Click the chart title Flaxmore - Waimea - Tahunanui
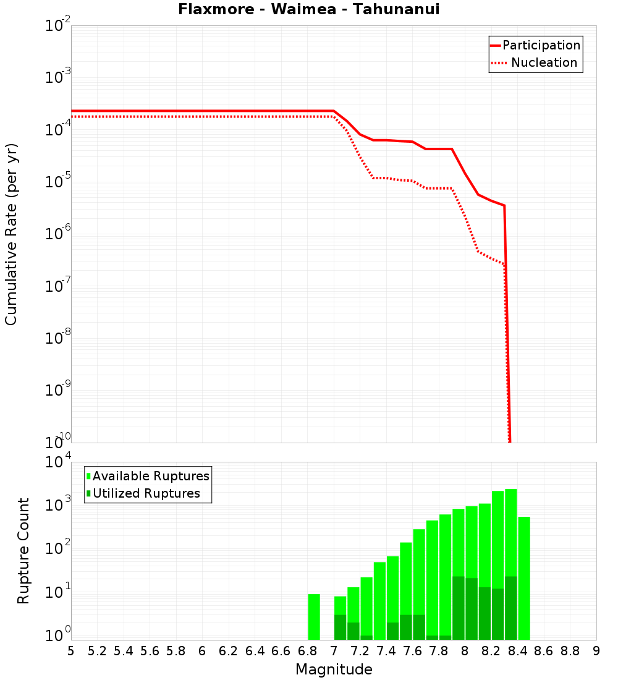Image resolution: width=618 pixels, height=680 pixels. (309, 10)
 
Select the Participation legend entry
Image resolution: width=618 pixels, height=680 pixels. (535, 46)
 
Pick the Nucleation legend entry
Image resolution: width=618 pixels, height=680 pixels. (535, 63)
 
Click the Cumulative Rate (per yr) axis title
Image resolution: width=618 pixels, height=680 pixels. (11, 234)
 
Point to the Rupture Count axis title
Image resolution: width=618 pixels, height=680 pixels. (23, 551)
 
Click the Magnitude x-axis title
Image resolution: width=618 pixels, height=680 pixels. (334, 669)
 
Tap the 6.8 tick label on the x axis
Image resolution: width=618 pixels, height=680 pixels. (307, 651)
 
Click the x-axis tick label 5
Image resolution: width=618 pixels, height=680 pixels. (71, 651)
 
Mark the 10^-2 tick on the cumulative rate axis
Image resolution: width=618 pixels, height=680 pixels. (58, 27)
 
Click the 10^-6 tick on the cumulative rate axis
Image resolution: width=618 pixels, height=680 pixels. (58, 234)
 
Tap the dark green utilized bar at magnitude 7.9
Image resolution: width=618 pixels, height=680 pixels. (459, 608)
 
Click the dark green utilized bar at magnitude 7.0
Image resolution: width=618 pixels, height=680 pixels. (340, 627)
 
